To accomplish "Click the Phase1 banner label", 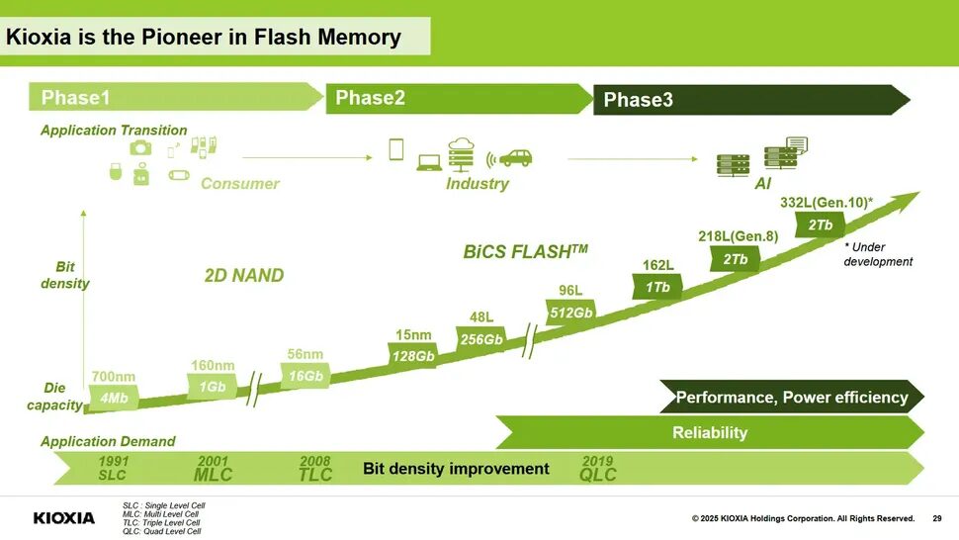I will [x=75, y=98].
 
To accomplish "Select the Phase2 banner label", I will [x=370, y=98].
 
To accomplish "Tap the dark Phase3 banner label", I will [x=638, y=100].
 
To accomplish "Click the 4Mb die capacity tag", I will [x=114, y=398].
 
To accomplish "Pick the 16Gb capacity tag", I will [x=305, y=376].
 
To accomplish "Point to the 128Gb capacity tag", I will [x=413, y=356].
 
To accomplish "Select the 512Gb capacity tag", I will [x=570, y=313].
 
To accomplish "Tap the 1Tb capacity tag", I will [x=657, y=287].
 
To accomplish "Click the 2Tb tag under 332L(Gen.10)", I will [x=820, y=225].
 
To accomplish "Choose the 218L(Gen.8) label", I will [x=738, y=235].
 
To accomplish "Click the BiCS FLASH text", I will [x=525, y=251].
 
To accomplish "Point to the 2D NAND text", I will [x=243, y=276].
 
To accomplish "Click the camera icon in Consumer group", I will [x=140, y=147].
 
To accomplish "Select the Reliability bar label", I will [x=709, y=432].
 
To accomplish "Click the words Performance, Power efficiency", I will [x=791, y=398].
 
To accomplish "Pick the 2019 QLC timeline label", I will [x=597, y=469].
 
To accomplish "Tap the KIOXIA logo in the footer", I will [x=64, y=518].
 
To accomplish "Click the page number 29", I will [x=936, y=518].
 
